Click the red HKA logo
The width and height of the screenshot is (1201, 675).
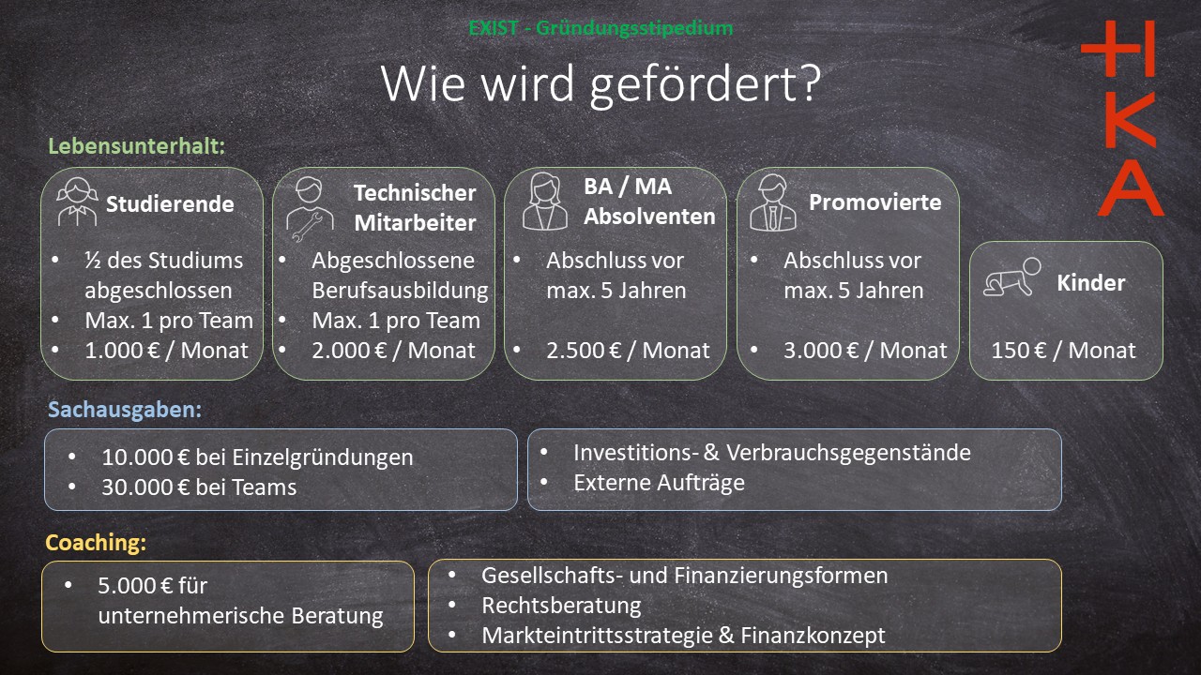tap(1125, 118)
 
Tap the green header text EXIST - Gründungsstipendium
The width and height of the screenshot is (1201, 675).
tap(600, 28)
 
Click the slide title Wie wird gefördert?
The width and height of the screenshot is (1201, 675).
tap(600, 83)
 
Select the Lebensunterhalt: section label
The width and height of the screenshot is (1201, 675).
tap(137, 146)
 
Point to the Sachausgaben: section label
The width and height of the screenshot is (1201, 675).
tap(125, 410)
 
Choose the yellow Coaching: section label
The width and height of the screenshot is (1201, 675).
tap(96, 543)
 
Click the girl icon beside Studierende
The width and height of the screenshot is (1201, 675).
tap(78, 202)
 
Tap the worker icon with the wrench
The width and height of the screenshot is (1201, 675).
tap(310, 208)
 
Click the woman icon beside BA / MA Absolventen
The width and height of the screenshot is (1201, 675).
tap(545, 202)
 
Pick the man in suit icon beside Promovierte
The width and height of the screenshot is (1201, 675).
tap(772, 202)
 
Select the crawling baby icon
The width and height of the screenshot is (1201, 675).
tap(1012, 277)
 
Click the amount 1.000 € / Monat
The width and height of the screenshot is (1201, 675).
tap(166, 351)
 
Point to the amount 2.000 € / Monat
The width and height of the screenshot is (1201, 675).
tap(393, 351)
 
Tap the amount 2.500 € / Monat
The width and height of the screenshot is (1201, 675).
tap(628, 351)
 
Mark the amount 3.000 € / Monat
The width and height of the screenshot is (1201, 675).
tap(865, 351)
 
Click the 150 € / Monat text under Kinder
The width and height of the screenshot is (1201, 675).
tap(1063, 351)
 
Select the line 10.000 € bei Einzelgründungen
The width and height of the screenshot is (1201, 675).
tap(257, 457)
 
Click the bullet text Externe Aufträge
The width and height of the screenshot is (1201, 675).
tap(659, 483)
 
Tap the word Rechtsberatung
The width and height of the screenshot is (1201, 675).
tap(561, 606)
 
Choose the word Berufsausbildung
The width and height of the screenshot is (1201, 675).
tap(400, 291)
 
